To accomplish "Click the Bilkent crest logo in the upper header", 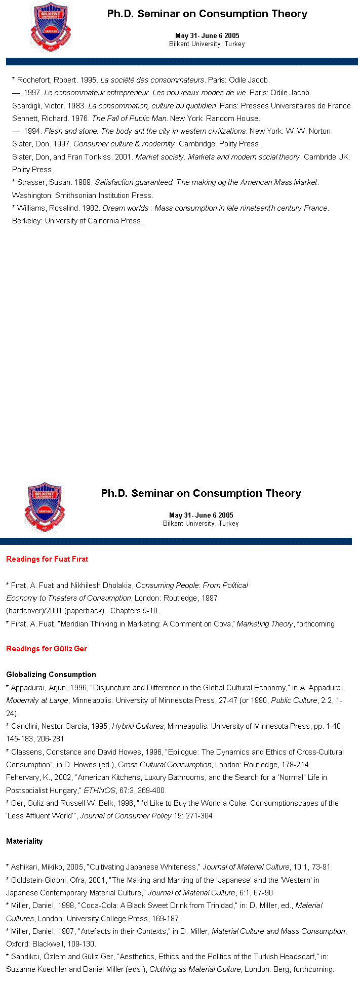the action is [x=50, y=27].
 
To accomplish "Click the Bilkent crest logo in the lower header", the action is [x=45, y=507].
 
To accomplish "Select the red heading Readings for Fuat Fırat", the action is [x=47, y=559].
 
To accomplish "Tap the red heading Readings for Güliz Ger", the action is [x=47, y=649].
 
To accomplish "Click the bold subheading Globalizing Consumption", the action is [x=51, y=675].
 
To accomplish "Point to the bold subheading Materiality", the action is [x=24, y=841].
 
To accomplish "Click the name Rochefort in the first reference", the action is [x=34, y=80].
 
